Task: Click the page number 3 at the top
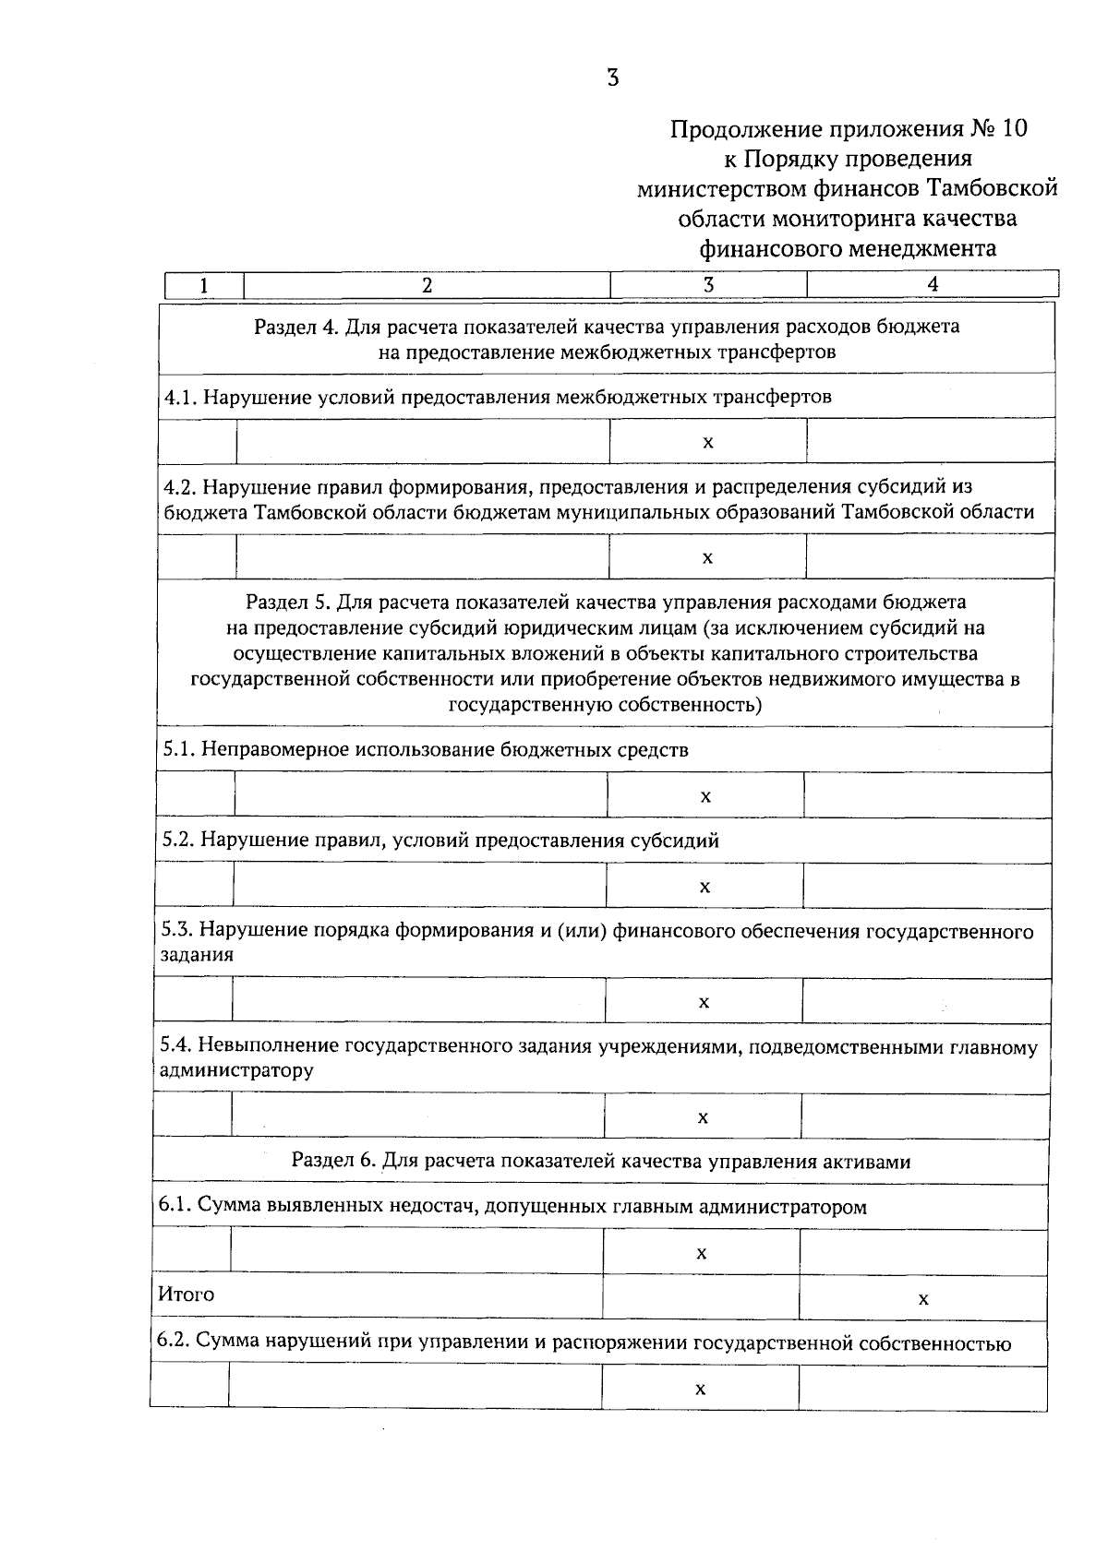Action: [x=612, y=78]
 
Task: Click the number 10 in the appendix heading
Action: [x=1013, y=129]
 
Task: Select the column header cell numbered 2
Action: [x=427, y=285]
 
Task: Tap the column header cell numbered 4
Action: [x=933, y=285]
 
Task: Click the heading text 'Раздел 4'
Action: [x=287, y=327]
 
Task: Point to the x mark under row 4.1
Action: [x=708, y=442]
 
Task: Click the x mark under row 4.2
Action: [x=708, y=557]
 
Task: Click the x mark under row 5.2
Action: [x=705, y=887]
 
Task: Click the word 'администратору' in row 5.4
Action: [x=236, y=1070]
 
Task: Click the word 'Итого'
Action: [x=187, y=1295]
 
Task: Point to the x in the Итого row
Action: [x=923, y=1299]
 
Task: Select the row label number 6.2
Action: [x=173, y=1342]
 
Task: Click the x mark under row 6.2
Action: [x=701, y=1389]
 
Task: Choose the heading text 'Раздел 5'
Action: [x=287, y=603]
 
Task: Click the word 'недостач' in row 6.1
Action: [x=439, y=1207]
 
